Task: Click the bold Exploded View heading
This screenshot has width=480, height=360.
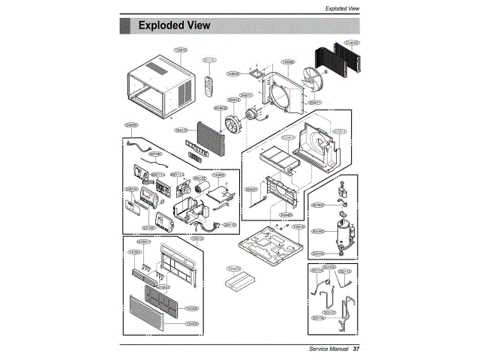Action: (x=174, y=26)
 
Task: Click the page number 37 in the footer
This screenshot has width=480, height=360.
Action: (x=357, y=349)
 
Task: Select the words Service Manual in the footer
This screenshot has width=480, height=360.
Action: (x=328, y=349)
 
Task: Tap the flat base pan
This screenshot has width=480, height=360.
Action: (x=270, y=244)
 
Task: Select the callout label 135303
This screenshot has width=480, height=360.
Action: (x=192, y=323)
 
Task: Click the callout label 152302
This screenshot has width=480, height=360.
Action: (x=192, y=308)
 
